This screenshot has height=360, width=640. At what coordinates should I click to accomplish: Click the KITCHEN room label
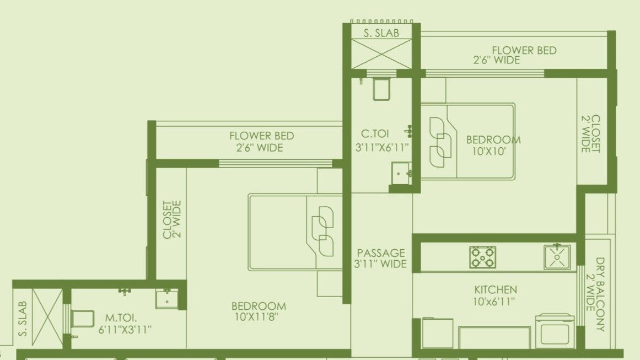496,289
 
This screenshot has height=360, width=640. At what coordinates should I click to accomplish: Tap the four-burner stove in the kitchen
482,257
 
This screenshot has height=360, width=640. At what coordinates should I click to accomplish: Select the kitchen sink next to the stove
557,257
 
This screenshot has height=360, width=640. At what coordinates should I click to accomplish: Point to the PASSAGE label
381,253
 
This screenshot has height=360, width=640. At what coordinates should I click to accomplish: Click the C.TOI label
374,133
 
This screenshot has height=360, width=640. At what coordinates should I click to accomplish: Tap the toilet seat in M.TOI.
82,319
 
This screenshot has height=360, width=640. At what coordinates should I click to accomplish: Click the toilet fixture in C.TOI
381,89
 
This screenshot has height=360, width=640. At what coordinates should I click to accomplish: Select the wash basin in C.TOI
400,173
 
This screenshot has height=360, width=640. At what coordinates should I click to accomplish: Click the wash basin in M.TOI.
166,299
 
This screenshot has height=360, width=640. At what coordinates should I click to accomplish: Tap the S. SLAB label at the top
381,33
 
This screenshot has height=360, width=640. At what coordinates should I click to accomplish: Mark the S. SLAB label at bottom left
23,319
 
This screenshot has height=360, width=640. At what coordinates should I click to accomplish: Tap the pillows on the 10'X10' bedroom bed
441,142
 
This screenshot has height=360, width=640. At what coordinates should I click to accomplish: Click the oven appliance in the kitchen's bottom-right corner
555,331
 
